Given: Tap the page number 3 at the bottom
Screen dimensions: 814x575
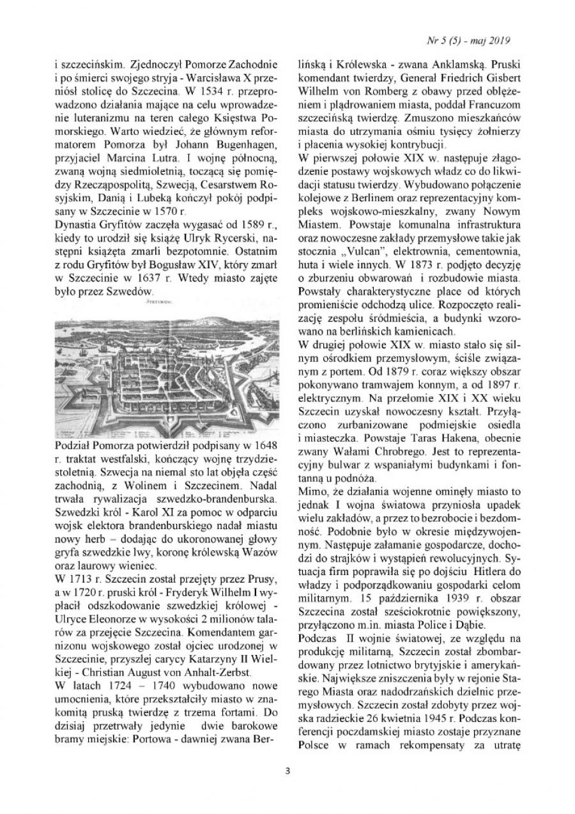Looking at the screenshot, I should pyautogui.click(x=288, y=787).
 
